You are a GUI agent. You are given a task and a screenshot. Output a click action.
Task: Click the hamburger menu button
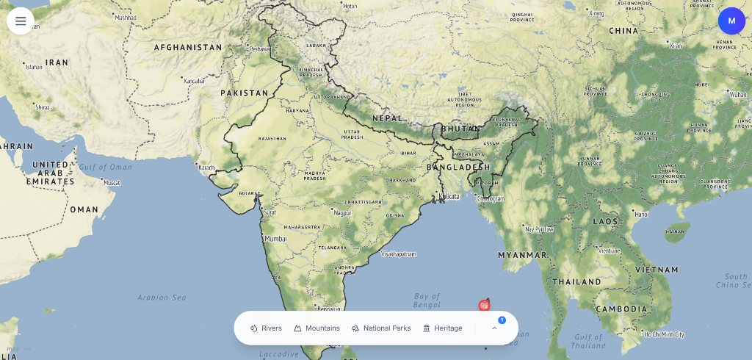tap(21, 21)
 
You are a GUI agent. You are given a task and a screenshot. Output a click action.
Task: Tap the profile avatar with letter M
tap(731, 21)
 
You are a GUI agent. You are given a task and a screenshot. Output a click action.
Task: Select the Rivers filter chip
tap(266, 328)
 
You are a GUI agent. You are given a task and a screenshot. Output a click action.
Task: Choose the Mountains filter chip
tap(317, 328)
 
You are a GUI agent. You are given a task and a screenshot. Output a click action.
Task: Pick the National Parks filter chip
tap(380, 328)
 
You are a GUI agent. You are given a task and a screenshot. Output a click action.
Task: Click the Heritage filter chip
tap(442, 328)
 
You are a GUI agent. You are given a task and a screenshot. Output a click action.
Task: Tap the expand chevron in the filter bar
tap(494, 328)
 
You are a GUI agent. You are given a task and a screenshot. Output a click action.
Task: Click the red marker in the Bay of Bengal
tap(484, 305)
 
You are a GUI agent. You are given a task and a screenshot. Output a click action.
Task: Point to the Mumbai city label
tap(275, 239)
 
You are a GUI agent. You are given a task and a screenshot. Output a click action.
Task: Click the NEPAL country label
tap(387, 118)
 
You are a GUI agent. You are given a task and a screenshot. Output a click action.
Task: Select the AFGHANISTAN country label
tap(187, 48)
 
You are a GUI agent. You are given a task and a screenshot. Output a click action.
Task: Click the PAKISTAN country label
tap(245, 93)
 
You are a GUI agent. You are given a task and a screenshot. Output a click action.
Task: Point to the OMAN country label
tap(84, 209)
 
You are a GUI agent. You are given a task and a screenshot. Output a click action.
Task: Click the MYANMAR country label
tap(522, 254)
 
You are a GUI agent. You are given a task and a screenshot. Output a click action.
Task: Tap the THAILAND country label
tap(576, 281)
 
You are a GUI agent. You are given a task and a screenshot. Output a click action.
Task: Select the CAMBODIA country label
tap(621, 309)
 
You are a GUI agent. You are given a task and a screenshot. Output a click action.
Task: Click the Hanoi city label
tap(641, 215)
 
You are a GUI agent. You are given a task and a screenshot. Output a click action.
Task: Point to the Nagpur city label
tap(342, 213)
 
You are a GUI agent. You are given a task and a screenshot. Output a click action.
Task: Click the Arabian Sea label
tap(162, 298)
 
